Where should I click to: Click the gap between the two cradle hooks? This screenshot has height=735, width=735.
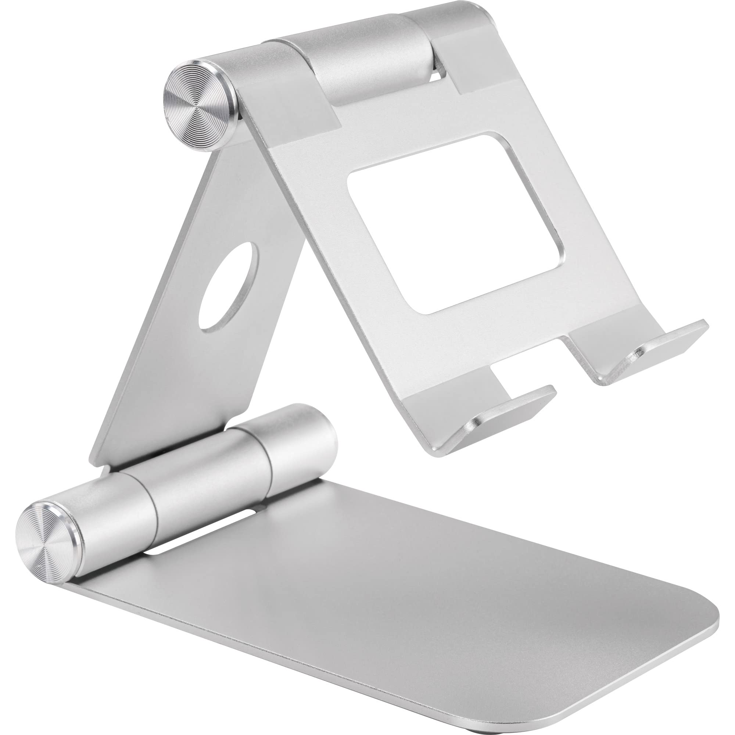click(x=533, y=365)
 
